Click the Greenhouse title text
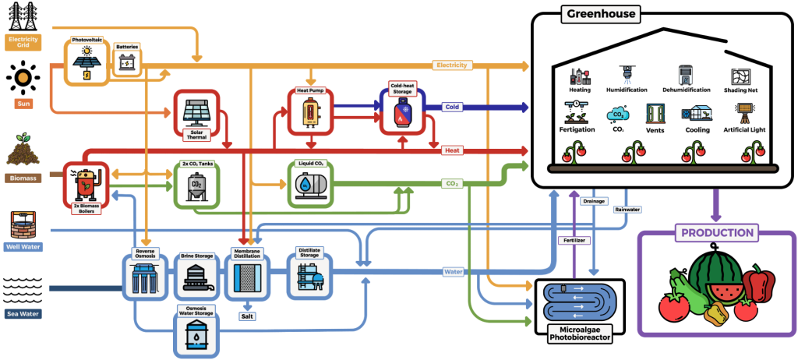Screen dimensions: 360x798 pyautogui.click(x=600, y=14)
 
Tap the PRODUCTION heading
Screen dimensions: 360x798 pyautogui.click(x=718, y=233)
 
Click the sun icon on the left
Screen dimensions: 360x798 pyautogui.click(x=23, y=78)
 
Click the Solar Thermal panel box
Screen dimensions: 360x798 pyautogui.click(x=197, y=116)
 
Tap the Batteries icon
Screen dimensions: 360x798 pyautogui.click(x=127, y=62)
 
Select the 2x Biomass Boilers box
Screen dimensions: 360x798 pyautogui.click(x=86, y=183)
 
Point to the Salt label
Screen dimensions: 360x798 pyautogui.click(x=247, y=316)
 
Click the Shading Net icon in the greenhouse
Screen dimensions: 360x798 pyautogui.click(x=741, y=76)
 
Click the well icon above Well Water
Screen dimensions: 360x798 pyautogui.click(x=22, y=224)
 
